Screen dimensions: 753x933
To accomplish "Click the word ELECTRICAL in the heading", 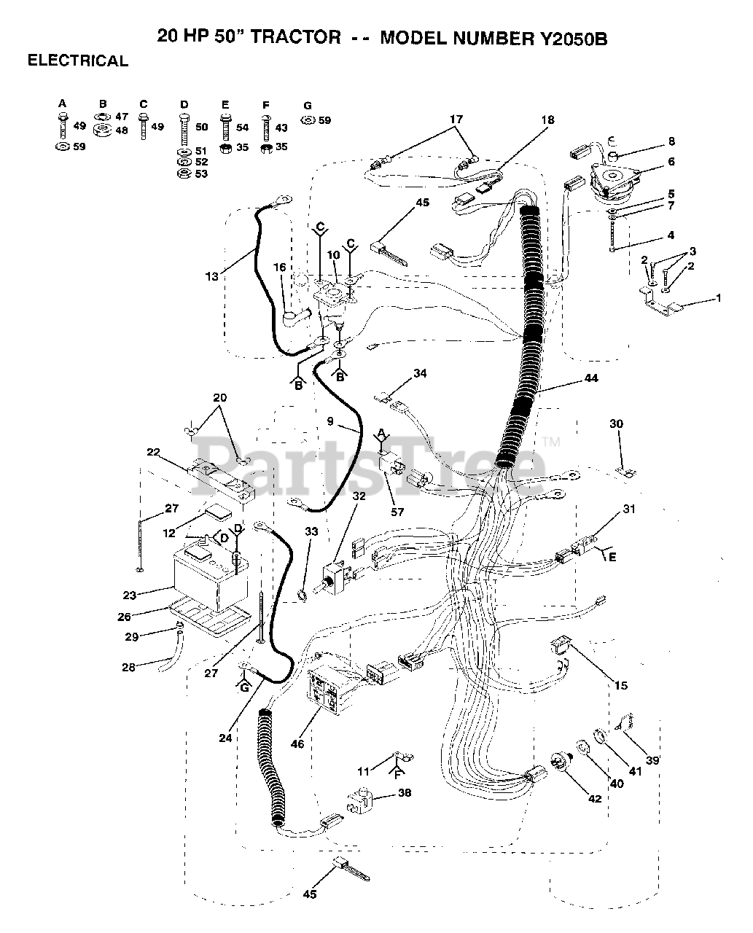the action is (78, 61).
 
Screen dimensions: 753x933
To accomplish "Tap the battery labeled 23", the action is (208, 576).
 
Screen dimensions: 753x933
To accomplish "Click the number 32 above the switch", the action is (359, 496).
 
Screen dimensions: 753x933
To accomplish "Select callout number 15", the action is (620, 685).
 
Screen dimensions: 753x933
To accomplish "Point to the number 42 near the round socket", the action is (595, 799).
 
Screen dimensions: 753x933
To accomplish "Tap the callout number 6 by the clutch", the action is (671, 162).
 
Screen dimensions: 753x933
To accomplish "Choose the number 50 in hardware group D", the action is (202, 127).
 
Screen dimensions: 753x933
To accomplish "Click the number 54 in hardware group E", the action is (242, 127).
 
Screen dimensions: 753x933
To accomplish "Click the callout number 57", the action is (397, 512).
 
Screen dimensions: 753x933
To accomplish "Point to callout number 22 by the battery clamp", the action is (152, 452).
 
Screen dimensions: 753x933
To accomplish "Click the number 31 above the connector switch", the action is (629, 509).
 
